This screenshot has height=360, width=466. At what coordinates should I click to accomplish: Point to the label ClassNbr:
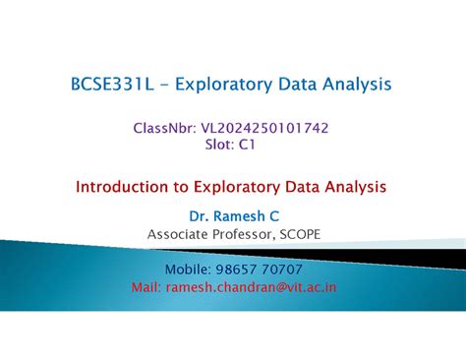coord(163,127)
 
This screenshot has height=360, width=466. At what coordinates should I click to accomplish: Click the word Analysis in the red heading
coord(349,185)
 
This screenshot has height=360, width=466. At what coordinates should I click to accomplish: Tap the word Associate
coord(181,233)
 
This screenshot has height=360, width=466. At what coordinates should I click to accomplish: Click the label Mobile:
coord(193,269)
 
